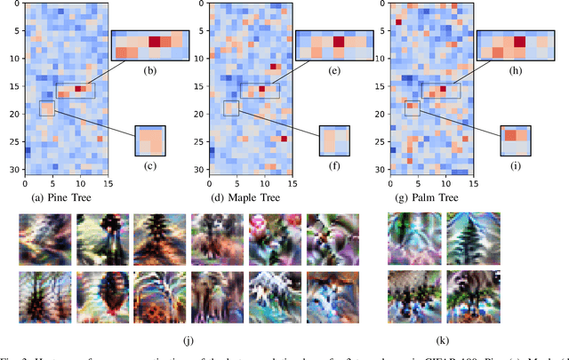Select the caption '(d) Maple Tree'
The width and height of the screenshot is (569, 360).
click(x=244, y=197)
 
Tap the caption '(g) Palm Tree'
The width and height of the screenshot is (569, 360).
click(x=429, y=197)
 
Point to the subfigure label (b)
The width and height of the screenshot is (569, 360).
click(x=150, y=71)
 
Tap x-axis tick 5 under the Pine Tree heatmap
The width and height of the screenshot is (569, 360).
click(x=52, y=184)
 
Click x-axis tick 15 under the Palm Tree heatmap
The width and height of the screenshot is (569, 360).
click(x=474, y=184)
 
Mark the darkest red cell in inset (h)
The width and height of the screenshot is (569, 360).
click(x=519, y=41)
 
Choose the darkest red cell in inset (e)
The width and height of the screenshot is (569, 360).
click(x=338, y=42)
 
